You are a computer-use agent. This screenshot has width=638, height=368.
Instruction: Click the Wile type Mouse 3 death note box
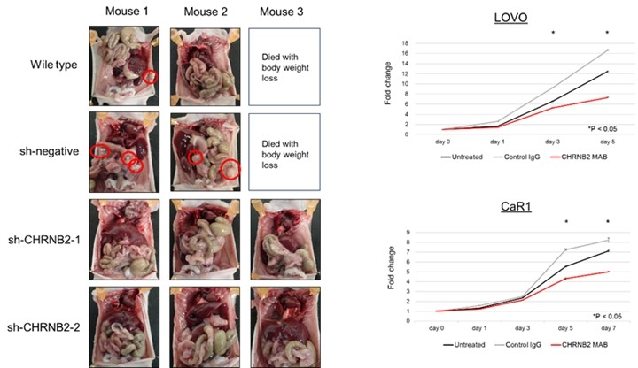pos(282,65)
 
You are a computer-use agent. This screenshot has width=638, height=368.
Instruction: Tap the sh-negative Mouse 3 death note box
pos(282,151)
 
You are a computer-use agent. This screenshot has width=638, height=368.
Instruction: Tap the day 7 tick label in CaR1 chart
pos(608,329)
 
